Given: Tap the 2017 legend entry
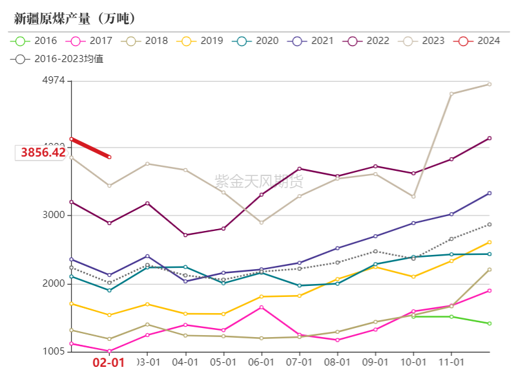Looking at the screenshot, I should [x=90, y=41].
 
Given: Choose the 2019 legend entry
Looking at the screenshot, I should [x=202, y=41].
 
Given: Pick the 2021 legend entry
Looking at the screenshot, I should [x=313, y=41].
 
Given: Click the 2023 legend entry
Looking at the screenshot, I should [x=424, y=41].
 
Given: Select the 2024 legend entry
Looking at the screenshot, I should [x=479, y=41].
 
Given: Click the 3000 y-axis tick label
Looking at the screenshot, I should [x=53, y=215].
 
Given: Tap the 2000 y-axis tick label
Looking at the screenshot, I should [x=53, y=284].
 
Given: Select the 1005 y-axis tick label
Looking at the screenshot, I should [x=53, y=352].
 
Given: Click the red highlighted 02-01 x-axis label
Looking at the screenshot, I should [x=109, y=363].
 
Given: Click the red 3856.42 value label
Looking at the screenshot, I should [x=43, y=153].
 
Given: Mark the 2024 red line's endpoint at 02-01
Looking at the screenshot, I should [x=109, y=157].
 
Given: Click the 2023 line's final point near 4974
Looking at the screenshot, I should [x=489, y=84].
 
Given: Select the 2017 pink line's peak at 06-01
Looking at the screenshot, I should [x=262, y=307].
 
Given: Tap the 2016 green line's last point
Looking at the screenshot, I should [x=489, y=323].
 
